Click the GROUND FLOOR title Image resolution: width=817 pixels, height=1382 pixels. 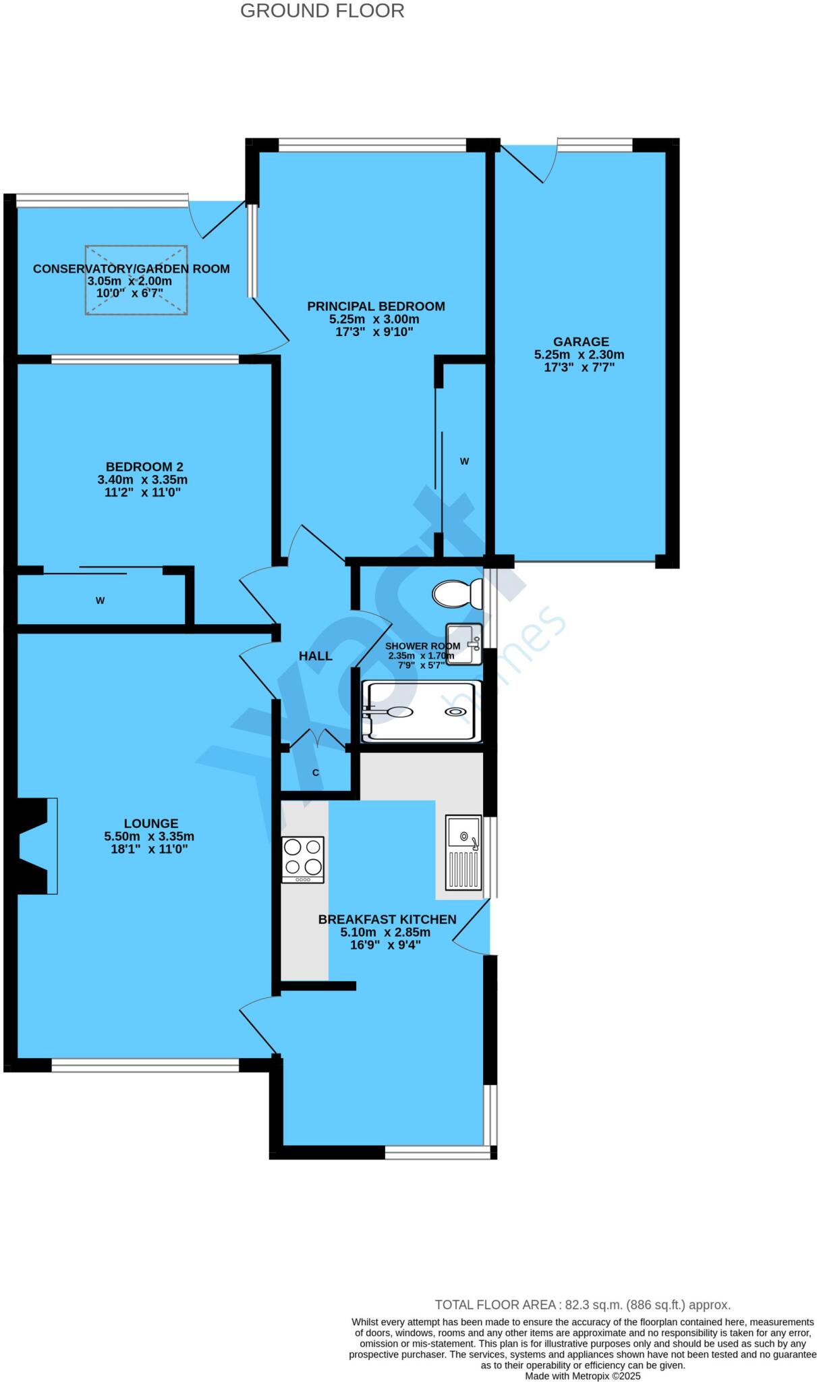[322, 11]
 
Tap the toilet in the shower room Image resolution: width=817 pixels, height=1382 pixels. [456, 594]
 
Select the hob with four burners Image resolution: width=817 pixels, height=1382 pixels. [303, 859]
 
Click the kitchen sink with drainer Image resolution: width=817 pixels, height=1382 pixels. [463, 852]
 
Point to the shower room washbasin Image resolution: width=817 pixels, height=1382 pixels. [464, 643]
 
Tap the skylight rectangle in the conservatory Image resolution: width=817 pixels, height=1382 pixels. [136, 279]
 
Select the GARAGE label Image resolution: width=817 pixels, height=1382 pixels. [581, 341]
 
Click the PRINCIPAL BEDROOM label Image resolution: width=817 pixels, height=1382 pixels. [376, 306]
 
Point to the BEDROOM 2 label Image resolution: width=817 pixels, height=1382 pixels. [144, 467]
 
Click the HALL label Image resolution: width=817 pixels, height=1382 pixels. [316, 656]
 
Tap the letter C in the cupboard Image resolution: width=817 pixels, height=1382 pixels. [315, 773]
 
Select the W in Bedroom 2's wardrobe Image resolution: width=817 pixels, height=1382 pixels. [100, 601]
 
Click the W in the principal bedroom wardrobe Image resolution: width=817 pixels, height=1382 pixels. [464, 462]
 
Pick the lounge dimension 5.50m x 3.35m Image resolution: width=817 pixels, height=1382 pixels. [149, 836]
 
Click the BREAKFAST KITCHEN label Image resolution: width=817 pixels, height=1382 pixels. [387, 919]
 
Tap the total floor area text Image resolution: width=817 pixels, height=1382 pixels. [582, 1304]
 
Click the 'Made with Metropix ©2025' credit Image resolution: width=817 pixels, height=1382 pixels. [582, 1375]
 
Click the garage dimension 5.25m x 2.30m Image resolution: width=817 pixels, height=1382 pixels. [579, 354]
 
